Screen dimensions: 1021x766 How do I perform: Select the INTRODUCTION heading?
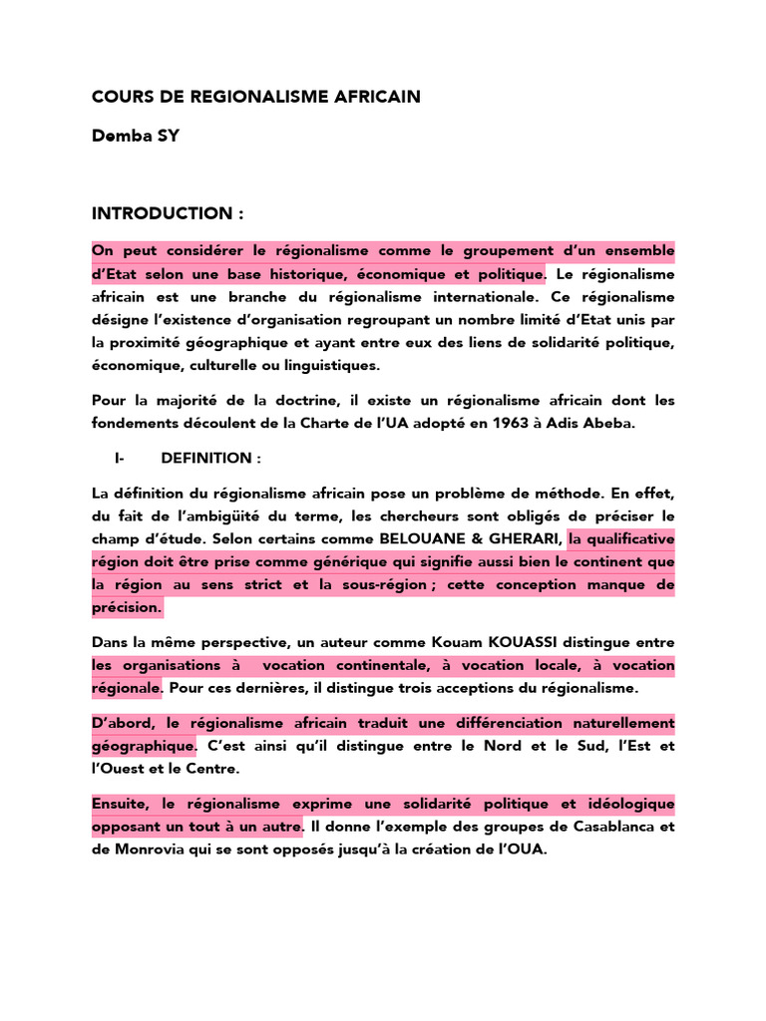click(x=168, y=213)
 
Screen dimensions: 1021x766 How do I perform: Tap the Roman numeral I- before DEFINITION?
click(x=119, y=458)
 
